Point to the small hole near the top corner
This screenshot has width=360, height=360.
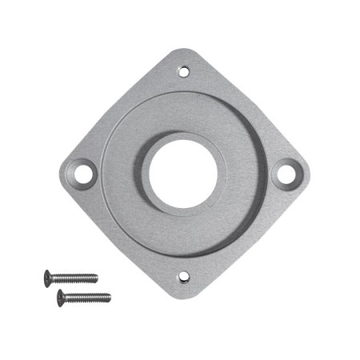(x=183, y=71)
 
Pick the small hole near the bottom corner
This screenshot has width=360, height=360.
(x=183, y=278)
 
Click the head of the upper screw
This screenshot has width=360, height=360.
(x=48, y=278)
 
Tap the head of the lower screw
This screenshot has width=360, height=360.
(x=62, y=298)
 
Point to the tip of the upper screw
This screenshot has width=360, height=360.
(x=97, y=278)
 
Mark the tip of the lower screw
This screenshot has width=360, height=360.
(x=110, y=298)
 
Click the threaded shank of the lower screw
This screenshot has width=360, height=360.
(x=88, y=298)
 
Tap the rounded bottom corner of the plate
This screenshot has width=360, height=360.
(x=183, y=295)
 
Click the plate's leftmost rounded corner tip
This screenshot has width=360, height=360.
(x=61, y=173)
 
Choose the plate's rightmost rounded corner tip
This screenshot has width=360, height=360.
(x=306, y=172)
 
